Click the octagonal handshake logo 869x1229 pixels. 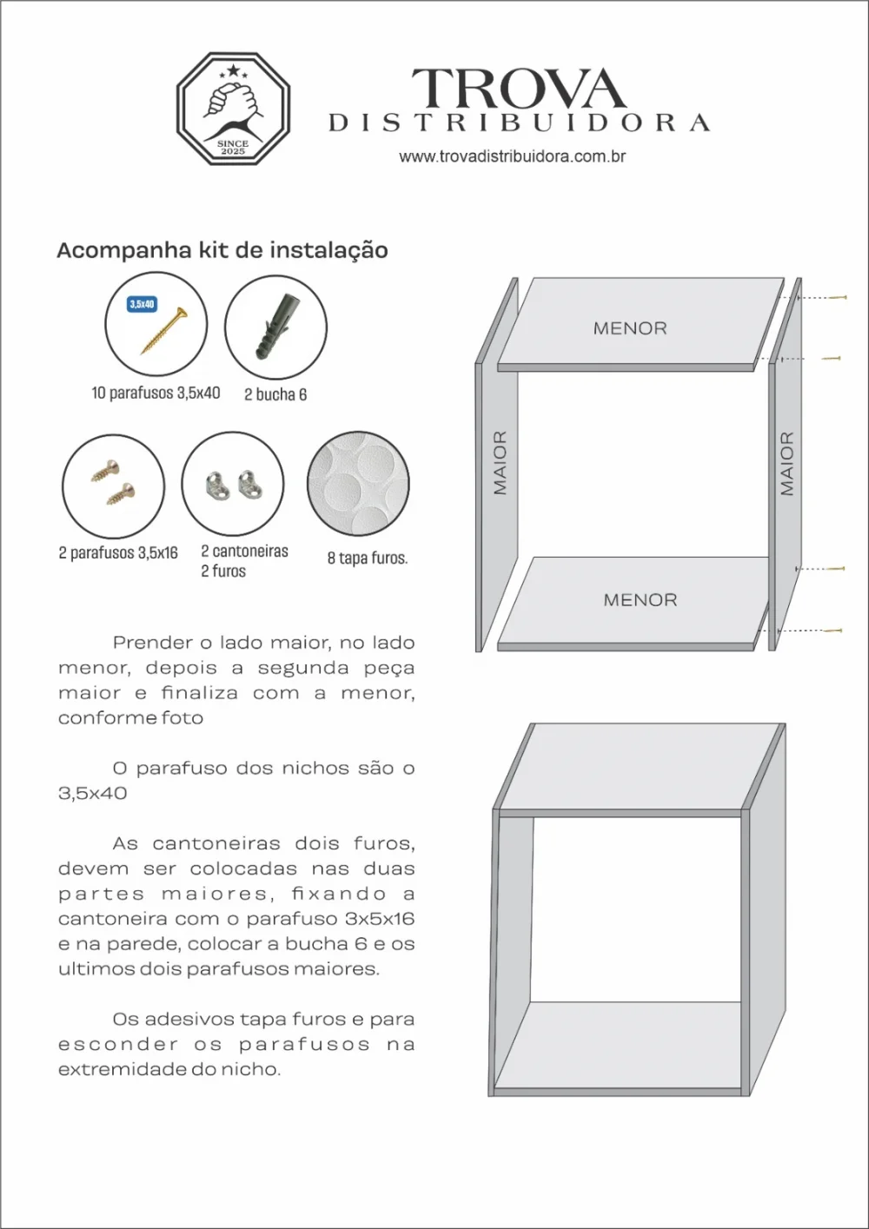click(233, 109)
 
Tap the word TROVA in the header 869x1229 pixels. click(518, 89)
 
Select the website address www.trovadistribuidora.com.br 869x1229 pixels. click(513, 157)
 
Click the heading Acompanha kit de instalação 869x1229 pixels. click(222, 250)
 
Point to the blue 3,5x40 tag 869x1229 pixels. click(142, 305)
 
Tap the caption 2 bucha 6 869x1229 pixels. click(275, 394)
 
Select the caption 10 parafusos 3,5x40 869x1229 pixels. click(156, 393)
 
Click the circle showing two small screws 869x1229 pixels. click(113, 485)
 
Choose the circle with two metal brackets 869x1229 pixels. click(233, 485)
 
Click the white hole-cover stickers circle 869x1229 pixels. click(358, 485)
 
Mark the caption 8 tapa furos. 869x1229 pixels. click(367, 558)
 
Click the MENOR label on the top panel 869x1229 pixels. click(630, 328)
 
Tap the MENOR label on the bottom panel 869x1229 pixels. click(640, 599)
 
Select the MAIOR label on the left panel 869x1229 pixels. click(500, 463)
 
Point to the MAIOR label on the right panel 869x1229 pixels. click(787, 463)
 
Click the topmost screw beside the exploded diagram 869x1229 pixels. click(838, 297)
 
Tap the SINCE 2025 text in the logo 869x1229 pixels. click(233, 148)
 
